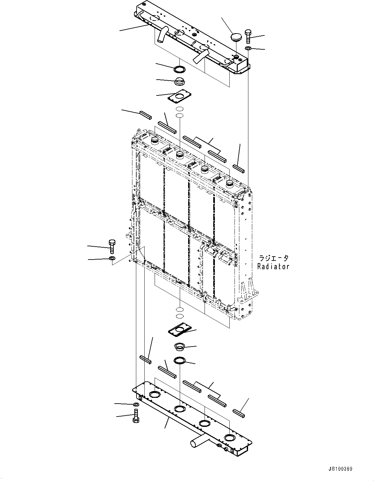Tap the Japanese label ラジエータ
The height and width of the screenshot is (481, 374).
[x=273, y=258]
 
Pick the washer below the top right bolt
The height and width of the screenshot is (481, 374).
[x=248, y=48]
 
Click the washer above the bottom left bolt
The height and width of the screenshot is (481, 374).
[x=136, y=404]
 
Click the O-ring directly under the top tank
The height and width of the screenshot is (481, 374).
[x=179, y=69]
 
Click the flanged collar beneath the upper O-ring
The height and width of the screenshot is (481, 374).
[x=179, y=82]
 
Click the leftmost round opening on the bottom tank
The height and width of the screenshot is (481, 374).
[x=154, y=395]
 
